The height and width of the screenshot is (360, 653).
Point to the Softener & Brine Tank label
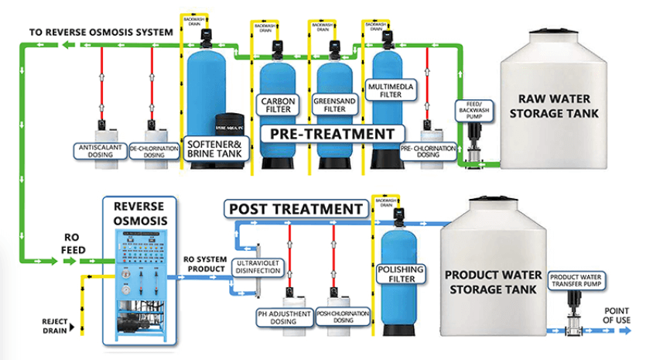pos(214,148)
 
